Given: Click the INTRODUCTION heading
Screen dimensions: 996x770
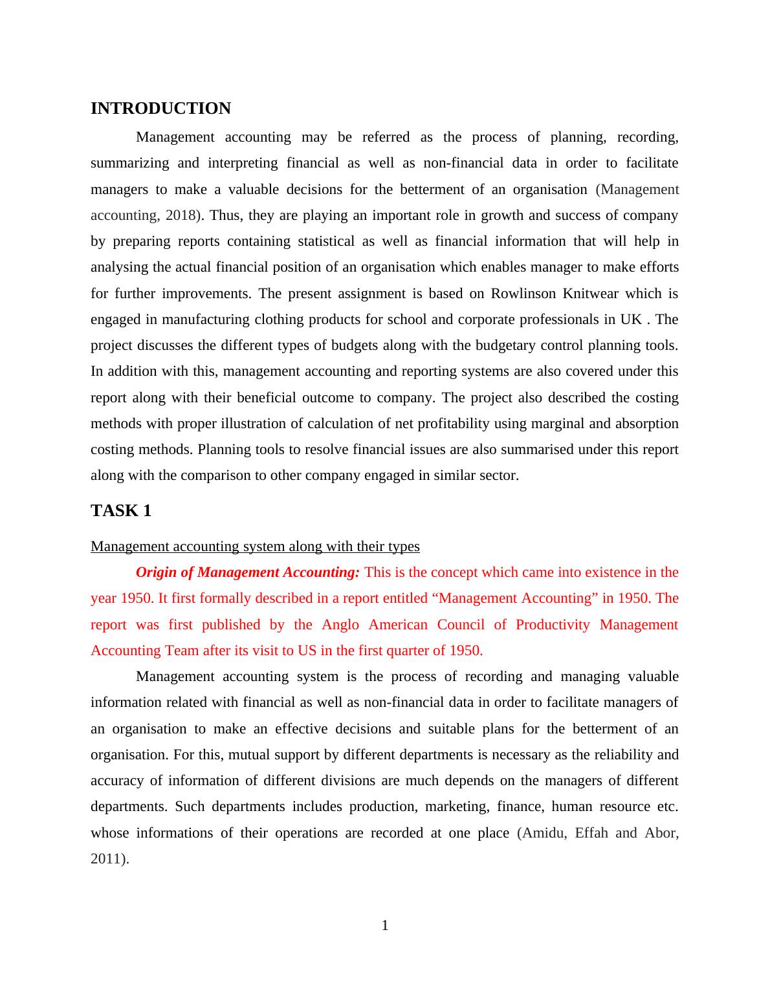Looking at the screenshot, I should (x=160, y=109).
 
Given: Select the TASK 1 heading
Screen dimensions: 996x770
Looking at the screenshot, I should (x=121, y=511).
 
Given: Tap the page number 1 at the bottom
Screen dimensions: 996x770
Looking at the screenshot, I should (x=385, y=926).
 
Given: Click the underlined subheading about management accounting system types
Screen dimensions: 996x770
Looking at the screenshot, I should (x=255, y=547).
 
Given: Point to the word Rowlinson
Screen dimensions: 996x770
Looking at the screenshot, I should (x=523, y=294).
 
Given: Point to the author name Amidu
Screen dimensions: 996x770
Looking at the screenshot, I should (x=544, y=833).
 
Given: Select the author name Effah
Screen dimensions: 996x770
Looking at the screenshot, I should (x=591, y=833).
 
